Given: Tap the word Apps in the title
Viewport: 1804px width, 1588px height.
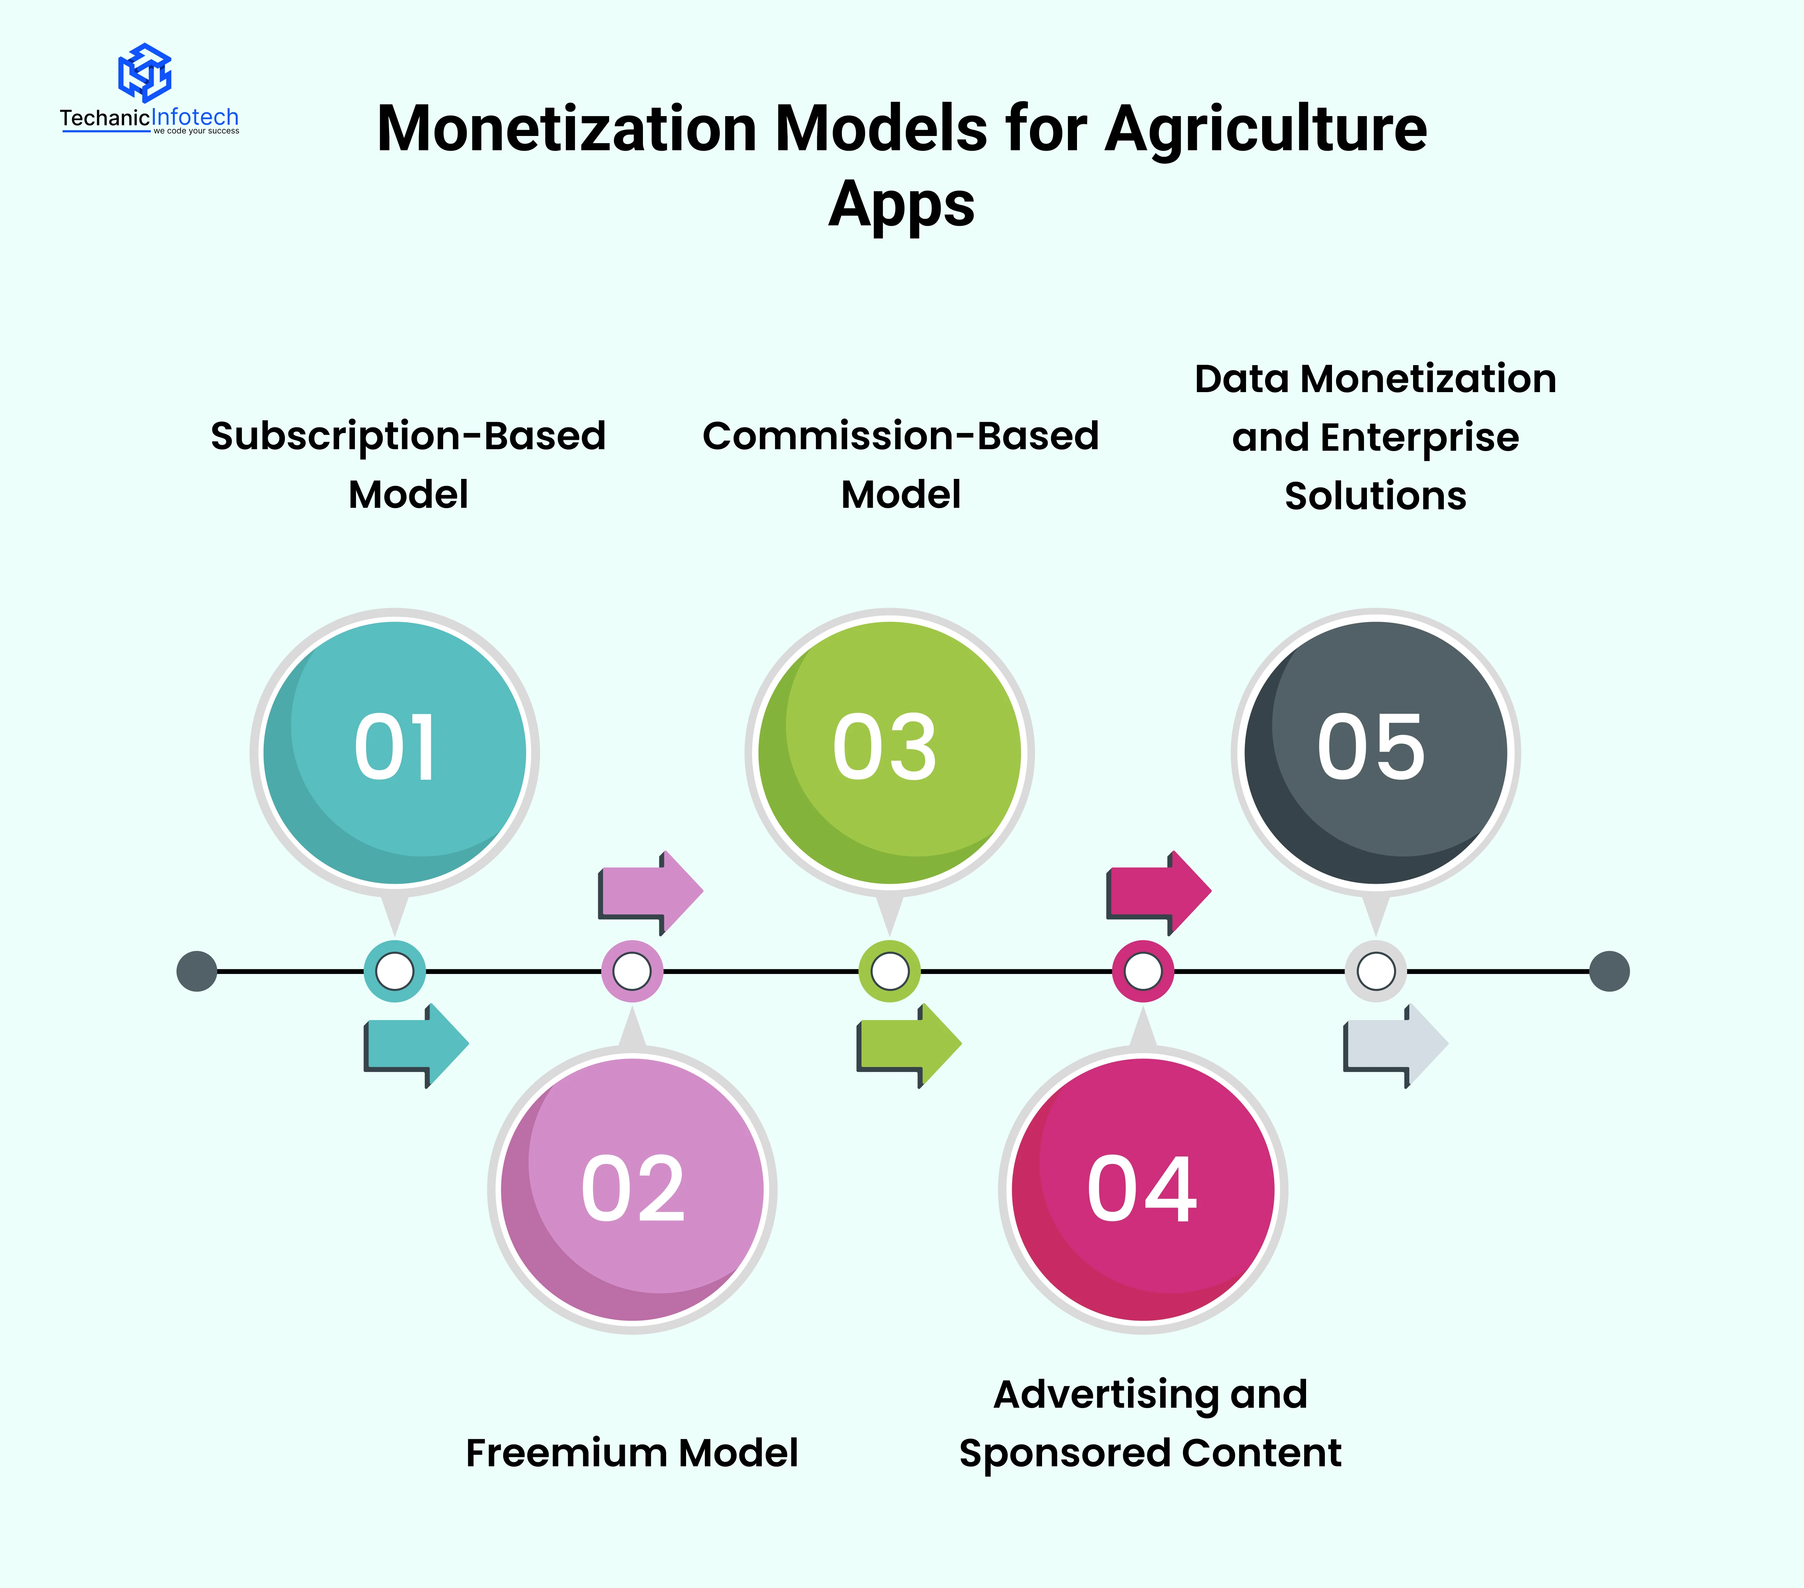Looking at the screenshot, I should [x=901, y=205].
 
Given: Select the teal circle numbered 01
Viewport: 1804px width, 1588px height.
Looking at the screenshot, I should [x=395, y=752].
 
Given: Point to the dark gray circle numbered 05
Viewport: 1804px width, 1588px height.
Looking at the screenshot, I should [x=1375, y=752].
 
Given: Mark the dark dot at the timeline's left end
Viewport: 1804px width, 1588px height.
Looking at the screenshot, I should [x=197, y=971].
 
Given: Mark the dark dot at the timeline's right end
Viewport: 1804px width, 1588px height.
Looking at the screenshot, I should [x=1609, y=971].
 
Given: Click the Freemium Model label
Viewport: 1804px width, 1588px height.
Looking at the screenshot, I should [x=632, y=1453].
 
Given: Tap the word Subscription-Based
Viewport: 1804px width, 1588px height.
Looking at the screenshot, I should [x=408, y=436].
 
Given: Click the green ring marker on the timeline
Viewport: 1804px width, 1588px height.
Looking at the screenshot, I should [x=890, y=971].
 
